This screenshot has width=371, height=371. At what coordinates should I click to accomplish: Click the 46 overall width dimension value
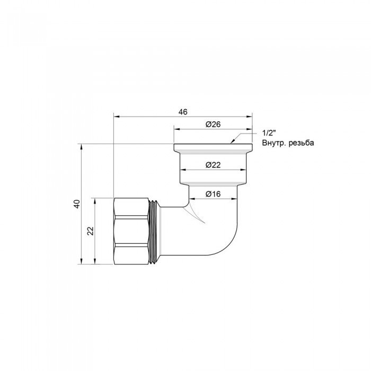(x=183, y=112)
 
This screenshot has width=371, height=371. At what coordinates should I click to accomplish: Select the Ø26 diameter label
(x=213, y=124)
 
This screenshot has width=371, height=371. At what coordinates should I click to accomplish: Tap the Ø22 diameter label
(x=213, y=165)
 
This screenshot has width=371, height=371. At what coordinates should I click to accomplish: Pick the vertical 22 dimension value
(x=90, y=231)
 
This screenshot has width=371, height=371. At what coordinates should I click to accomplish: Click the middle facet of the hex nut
(x=132, y=231)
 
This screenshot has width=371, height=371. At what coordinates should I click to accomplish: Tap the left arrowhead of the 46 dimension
(x=116, y=117)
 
